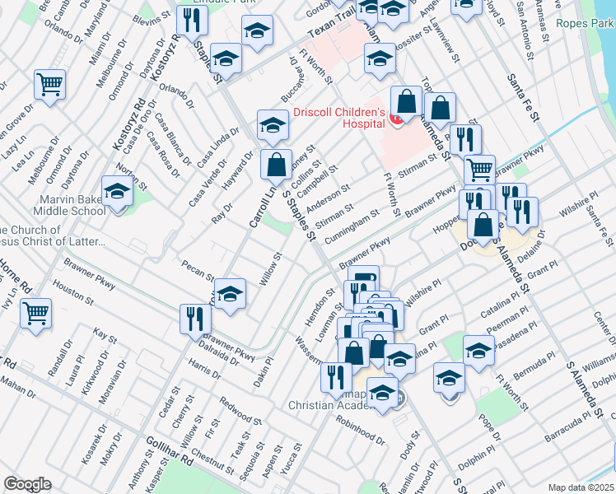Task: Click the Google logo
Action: pyautogui.click(x=27, y=484)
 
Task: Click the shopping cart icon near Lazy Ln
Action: pyautogui.click(x=50, y=85)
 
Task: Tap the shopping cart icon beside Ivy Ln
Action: pyautogui.click(x=35, y=313)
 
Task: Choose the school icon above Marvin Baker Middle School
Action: pyautogui.click(x=118, y=191)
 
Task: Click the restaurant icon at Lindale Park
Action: pyautogui.click(x=193, y=22)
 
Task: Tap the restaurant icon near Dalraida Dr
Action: pyautogui.click(x=195, y=319)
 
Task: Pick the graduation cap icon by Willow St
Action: pyautogui.click(x=231, y=293)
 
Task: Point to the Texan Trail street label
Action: pyautogui.click(x=329, y=31)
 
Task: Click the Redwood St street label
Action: pyautogui.click(x=241, y=413)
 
